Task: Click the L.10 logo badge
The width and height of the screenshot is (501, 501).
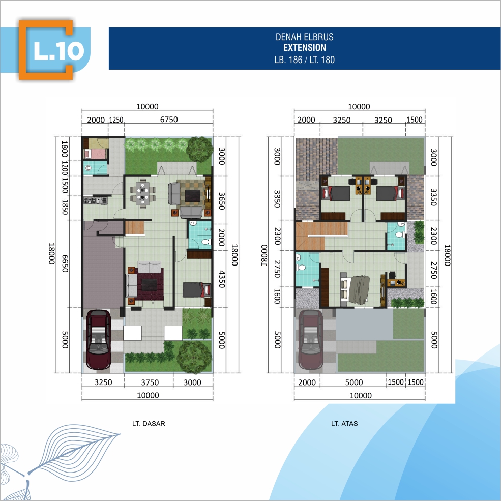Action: point(46,50)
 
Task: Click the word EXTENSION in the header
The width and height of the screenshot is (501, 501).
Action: point(305,48)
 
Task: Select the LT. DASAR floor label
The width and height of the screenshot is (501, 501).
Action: point(149,424)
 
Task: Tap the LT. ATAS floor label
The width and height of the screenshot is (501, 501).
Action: point(344,424)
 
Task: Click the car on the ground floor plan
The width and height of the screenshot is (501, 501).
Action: point(99,340)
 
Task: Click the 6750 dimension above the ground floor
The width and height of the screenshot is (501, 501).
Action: point(169,120)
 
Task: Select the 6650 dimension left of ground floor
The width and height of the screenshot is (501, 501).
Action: point(65,263)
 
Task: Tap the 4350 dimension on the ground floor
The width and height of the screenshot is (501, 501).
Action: point(222,279)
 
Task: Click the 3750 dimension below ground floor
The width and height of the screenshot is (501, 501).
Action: point(150,382)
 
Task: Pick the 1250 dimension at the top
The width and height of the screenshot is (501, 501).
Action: point(116,120)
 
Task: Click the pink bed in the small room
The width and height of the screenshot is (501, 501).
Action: point(95,154)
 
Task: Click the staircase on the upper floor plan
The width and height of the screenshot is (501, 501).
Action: point(321,236)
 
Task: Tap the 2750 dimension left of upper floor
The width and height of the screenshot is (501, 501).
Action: point(277,270)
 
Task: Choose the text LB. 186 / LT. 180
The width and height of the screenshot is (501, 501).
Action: point(305,60)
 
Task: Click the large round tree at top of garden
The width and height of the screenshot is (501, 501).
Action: point(199,149)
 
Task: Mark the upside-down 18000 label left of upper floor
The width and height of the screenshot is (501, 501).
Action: point(263,255)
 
